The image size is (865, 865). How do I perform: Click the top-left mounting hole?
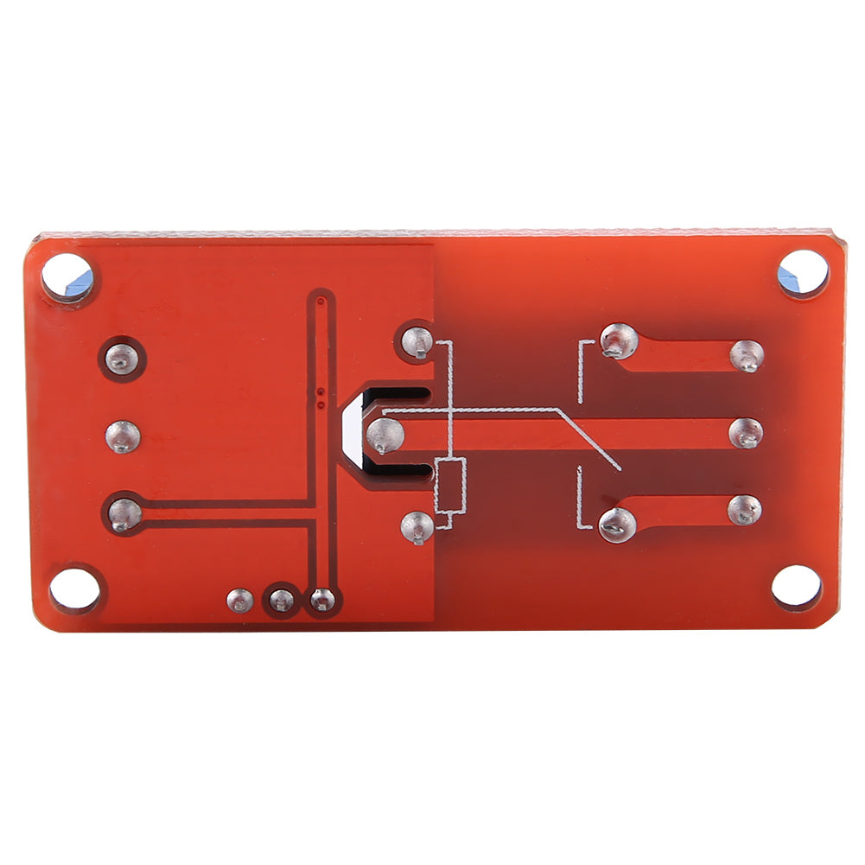(67, 277)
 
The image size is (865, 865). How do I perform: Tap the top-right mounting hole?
(803, 274)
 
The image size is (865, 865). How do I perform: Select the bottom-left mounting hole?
(74, 589)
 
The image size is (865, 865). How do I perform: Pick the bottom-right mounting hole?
(796, 587)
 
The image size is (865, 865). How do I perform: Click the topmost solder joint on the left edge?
(122, 358)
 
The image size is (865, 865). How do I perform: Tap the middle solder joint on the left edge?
(123, 436)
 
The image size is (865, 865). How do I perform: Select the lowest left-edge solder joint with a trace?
(124, 514)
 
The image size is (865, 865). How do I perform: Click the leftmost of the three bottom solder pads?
(239, 600)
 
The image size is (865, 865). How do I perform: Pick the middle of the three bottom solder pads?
(281, 600)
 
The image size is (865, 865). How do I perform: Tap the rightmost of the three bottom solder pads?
(321, 599)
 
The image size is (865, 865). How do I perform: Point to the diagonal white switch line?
(588, 441)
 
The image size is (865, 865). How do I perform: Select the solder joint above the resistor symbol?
(418, 342)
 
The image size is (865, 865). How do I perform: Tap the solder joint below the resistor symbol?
(417, 525)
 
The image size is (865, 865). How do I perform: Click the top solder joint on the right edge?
(746, 355)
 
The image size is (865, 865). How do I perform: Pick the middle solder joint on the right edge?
(745, 433)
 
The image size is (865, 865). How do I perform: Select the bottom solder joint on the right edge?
(744, 510)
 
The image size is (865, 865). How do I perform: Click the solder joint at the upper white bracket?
(619, 341)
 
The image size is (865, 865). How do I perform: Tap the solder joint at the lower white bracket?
(617, 524)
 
